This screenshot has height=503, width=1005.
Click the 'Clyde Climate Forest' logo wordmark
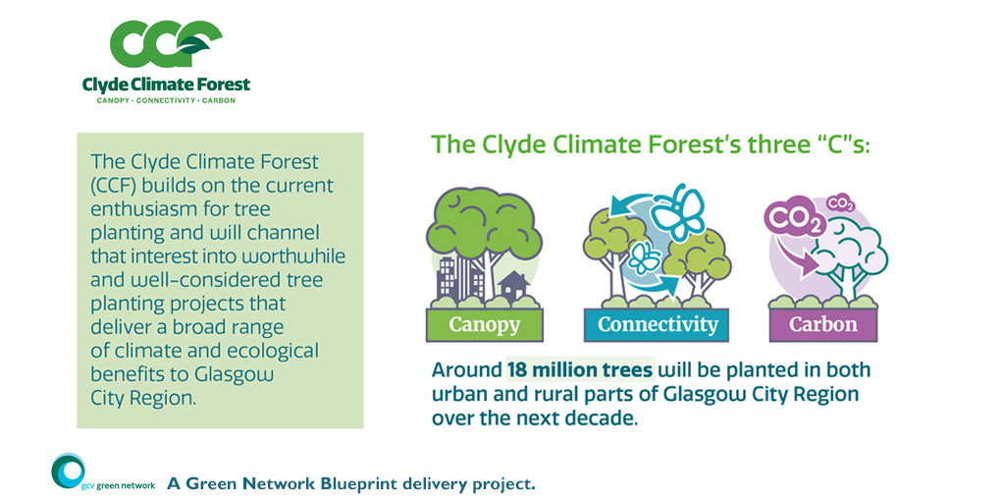pyautogui.click(x=166, y=84)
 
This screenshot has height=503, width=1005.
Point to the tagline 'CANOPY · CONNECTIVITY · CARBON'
pyautogui.click(x=166, y=101)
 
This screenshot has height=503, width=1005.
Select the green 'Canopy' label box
pyautogui.click(x=485, y=324)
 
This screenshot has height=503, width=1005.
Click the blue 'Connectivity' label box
pyautogui.click(x=657, y=324)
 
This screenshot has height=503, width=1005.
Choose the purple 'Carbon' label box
pyautogui.click(x=823, y=324)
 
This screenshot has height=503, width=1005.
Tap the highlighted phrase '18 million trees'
pyautogui.click(x=580, y=370)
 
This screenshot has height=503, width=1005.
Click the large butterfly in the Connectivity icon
pyautogui.click(x=681, y=212)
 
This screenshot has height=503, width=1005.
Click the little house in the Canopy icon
pyautogui.click(x=514, y=286)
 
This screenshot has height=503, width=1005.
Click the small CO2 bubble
pyautogui.click(x=841, y=204)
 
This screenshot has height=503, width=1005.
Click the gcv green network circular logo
pyautogui.click(x=68, y=472)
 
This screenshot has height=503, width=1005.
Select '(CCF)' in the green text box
pyautogui.click(x=116, y=186)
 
